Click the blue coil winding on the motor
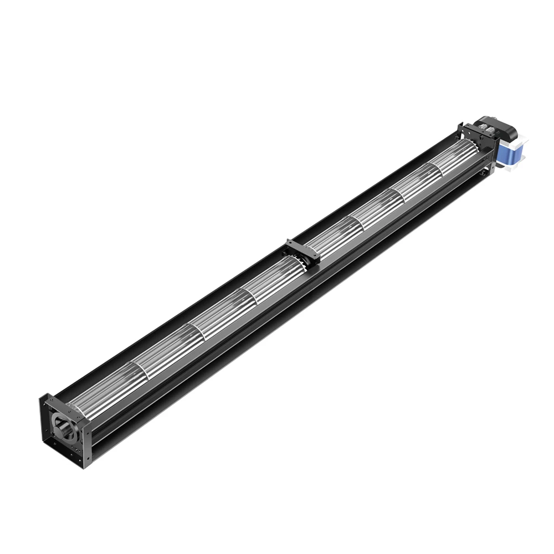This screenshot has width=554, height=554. click(508, 155)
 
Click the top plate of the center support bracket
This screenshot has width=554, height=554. click(302, 249)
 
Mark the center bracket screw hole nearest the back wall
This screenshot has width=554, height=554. click(290, 243)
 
